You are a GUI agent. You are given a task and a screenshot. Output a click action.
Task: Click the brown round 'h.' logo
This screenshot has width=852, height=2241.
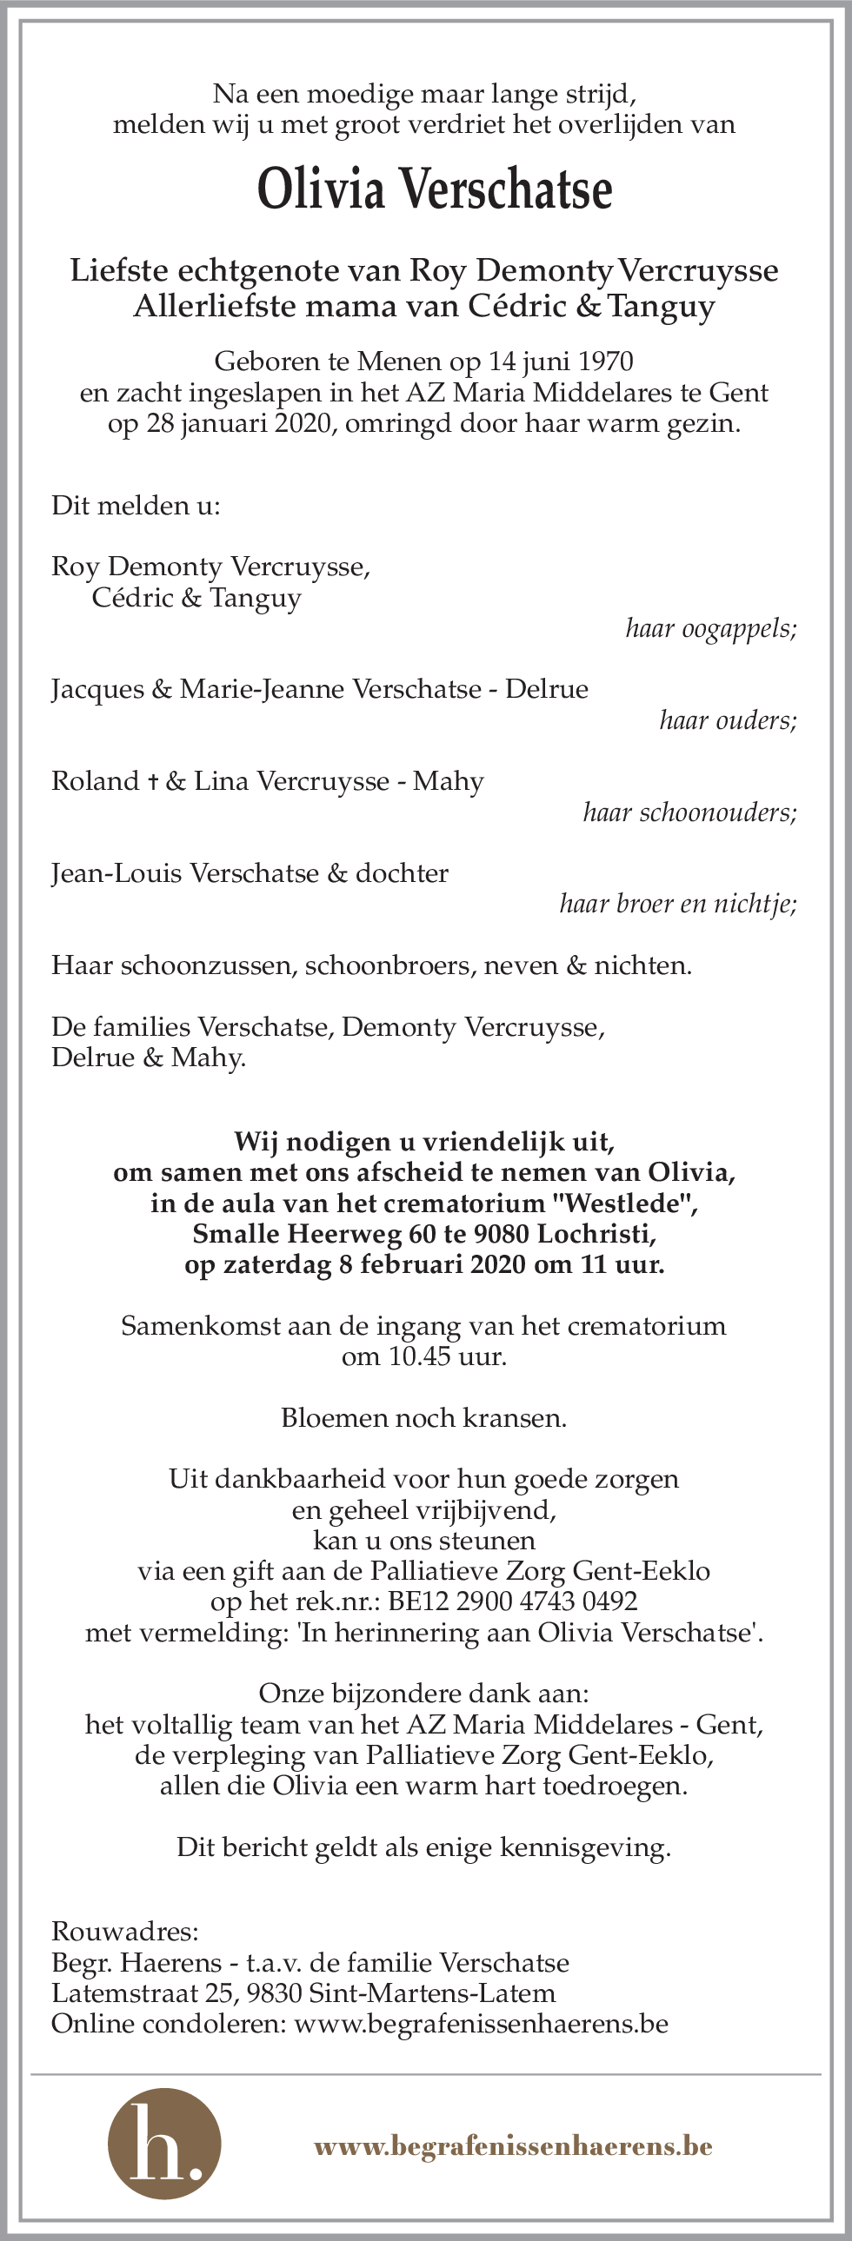[x=163, y=2145]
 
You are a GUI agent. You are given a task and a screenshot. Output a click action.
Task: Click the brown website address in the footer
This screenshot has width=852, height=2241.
[x=513, y=2147]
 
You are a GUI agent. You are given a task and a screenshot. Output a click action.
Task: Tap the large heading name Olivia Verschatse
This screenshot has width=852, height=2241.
[x=435, y=189]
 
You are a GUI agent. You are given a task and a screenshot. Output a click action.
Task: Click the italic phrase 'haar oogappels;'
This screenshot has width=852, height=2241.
[x=710, y=628]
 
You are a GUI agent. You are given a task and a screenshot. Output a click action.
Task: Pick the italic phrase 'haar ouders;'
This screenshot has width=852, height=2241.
[x=728, y=720]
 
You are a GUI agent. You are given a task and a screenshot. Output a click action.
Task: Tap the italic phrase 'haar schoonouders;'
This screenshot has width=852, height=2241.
[x=689, y=812]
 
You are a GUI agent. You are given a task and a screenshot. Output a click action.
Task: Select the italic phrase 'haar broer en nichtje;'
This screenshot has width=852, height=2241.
[x=678, y=905]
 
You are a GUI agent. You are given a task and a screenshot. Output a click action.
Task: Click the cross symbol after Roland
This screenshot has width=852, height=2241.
[x=153, y=782]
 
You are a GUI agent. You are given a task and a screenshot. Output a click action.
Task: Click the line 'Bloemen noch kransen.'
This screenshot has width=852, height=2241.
[x=423, y=1418]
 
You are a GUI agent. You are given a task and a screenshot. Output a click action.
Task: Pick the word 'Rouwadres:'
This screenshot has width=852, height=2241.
[x=125, y=1933]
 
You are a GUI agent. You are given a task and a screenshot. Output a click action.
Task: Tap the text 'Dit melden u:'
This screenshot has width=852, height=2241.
[x=136, y=506]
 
